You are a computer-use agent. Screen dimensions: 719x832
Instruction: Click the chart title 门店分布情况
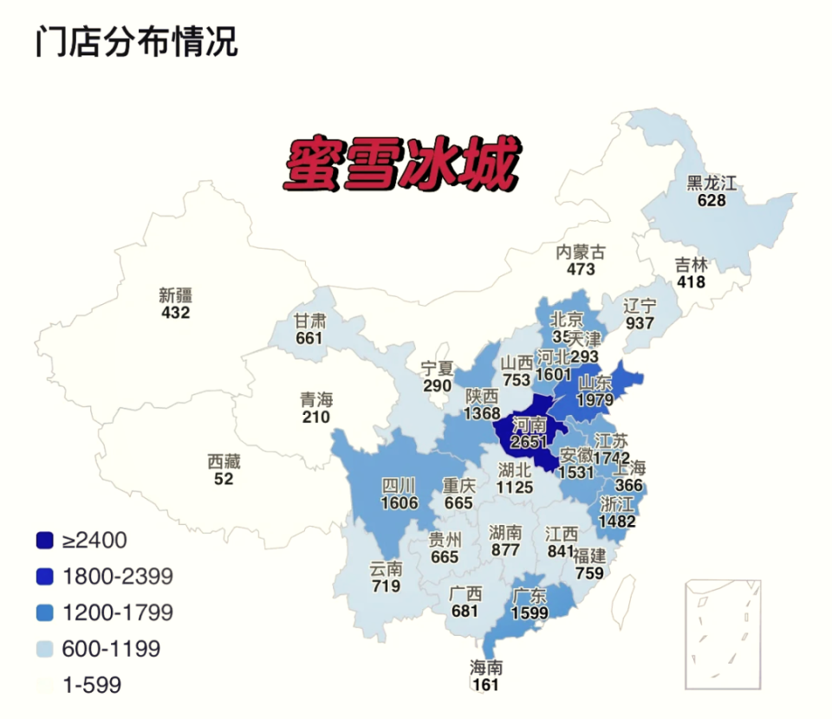(136, 41)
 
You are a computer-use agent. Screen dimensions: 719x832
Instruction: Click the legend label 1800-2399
(118, 576)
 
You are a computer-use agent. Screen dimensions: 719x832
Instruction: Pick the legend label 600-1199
(111, 648)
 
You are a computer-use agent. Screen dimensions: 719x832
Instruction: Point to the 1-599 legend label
(92, 685)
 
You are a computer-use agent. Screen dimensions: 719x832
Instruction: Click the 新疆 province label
(175, 294)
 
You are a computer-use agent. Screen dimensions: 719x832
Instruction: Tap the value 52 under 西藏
(224, 478)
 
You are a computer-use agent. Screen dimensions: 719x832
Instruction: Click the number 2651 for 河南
(529, 442)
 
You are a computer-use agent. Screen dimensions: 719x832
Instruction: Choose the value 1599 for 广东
(529, 612)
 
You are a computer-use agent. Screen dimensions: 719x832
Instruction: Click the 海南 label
(486, 668)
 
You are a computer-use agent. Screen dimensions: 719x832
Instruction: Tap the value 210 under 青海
(316, 418)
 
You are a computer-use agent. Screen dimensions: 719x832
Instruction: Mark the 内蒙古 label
(581, 252)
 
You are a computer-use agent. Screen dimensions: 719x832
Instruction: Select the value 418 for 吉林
(692, 282)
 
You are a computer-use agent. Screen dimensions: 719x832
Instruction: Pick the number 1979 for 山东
(595, 399)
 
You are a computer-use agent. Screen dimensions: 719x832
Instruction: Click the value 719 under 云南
(386, 586)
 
